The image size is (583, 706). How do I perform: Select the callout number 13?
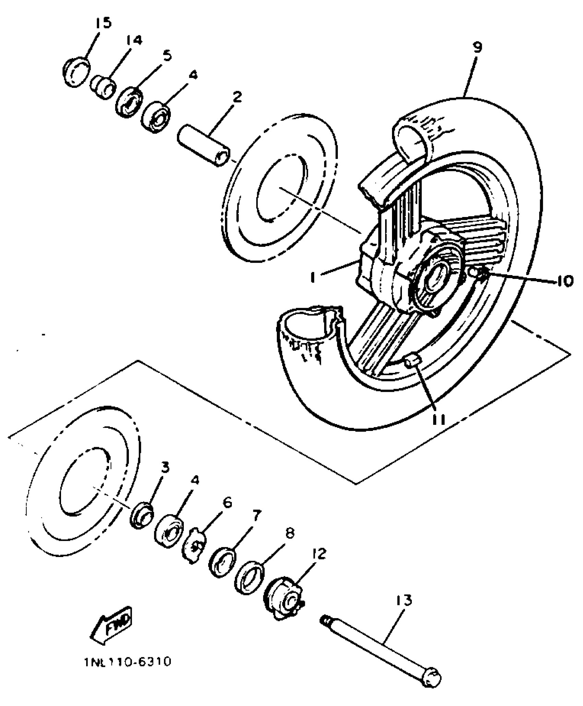click(404, 600)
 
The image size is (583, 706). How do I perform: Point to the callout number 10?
click(563, 281)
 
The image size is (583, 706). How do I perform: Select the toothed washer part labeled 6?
click(195, 547)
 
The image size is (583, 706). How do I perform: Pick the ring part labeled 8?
click(249, 576)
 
